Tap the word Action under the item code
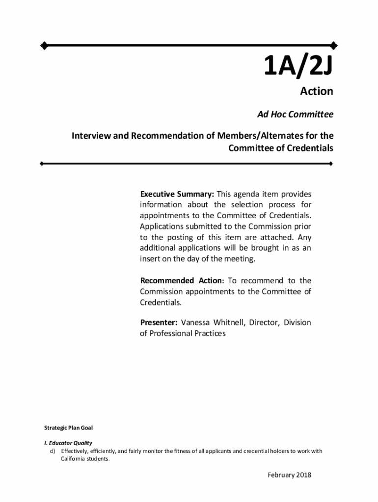[316, 92]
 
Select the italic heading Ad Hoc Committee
[296, 115]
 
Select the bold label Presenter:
[159, 323]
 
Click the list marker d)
[52, 451]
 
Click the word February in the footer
[280, 475]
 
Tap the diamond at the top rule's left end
[44, 46]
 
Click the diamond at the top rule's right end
[334, 46]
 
